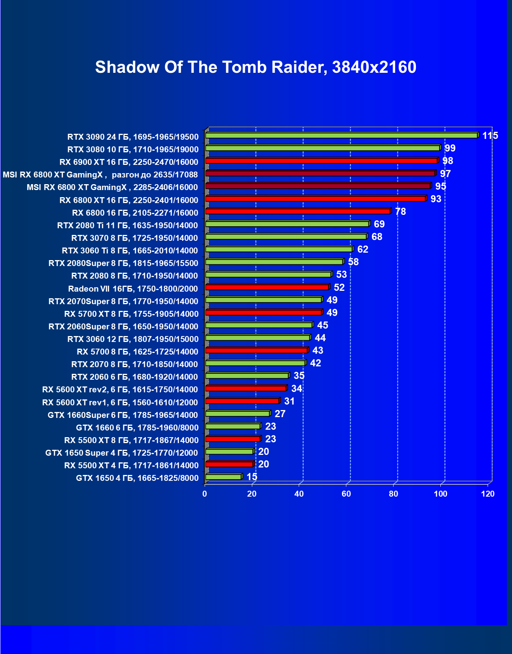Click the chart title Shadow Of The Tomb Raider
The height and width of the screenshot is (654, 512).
click(255, 67)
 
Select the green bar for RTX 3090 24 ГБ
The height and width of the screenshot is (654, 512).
click(341, 135)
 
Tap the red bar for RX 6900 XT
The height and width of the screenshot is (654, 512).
click(321, 161)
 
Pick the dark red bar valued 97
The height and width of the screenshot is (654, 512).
click(320, 173)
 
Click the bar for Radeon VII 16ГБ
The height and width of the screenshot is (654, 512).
click(267, 287)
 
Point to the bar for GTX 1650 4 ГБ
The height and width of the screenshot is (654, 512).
click(223, 477)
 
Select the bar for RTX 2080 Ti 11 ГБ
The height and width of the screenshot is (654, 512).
click(287, 224)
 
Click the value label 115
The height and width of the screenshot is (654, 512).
click(490, 136)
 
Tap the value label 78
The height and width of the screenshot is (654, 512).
click(400, 212)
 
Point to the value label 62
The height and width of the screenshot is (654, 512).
click(362, 249)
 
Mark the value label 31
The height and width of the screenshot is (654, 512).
click(289, 401)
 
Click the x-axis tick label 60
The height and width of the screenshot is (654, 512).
click(346, 494)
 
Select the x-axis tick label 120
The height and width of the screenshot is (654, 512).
click(488, 494)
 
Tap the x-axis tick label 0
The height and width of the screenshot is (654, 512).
click(205, 494)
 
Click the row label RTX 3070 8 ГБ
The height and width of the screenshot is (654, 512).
click(135, 238)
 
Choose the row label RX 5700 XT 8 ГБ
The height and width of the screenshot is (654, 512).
click(131, 314)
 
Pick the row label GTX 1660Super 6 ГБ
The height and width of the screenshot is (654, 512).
click(123, 415)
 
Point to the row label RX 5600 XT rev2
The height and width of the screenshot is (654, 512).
click(120, 390)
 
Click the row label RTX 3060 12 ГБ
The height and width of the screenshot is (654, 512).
click(133, 339)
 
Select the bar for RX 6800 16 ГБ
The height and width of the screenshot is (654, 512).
click(298, 211)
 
